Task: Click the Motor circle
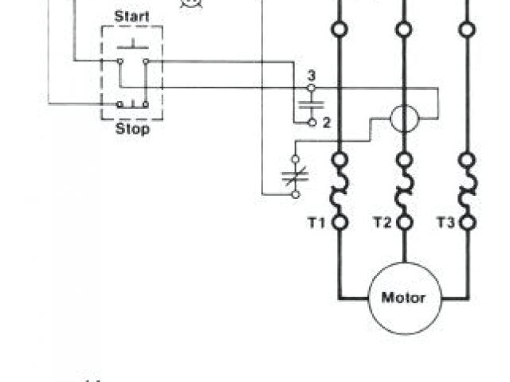(404, 298)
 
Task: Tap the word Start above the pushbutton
(131, 15)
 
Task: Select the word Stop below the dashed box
(131, 129)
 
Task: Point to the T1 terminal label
(317, 223)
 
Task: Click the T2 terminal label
(382, 223)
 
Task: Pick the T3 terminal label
(445, 223)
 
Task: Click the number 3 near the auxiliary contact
(312, 76)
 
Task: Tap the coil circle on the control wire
(404, 119)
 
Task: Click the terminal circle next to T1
(340, 223)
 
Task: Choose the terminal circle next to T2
(404, 223)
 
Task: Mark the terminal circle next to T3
(467, 223)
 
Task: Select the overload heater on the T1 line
(340, 191)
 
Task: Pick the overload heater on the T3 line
(467, 191)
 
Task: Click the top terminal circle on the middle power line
(404, 29)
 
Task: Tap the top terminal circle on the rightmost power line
(467, 29)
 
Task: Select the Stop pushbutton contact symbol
(131, 103)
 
